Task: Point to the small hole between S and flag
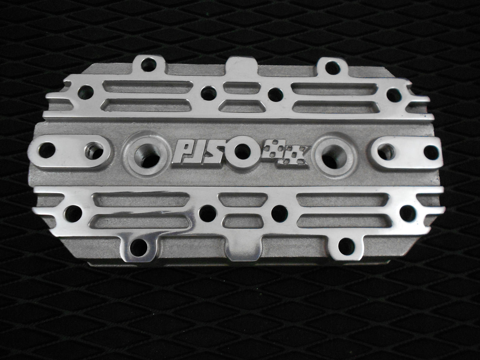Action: [x=242, y=149]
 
